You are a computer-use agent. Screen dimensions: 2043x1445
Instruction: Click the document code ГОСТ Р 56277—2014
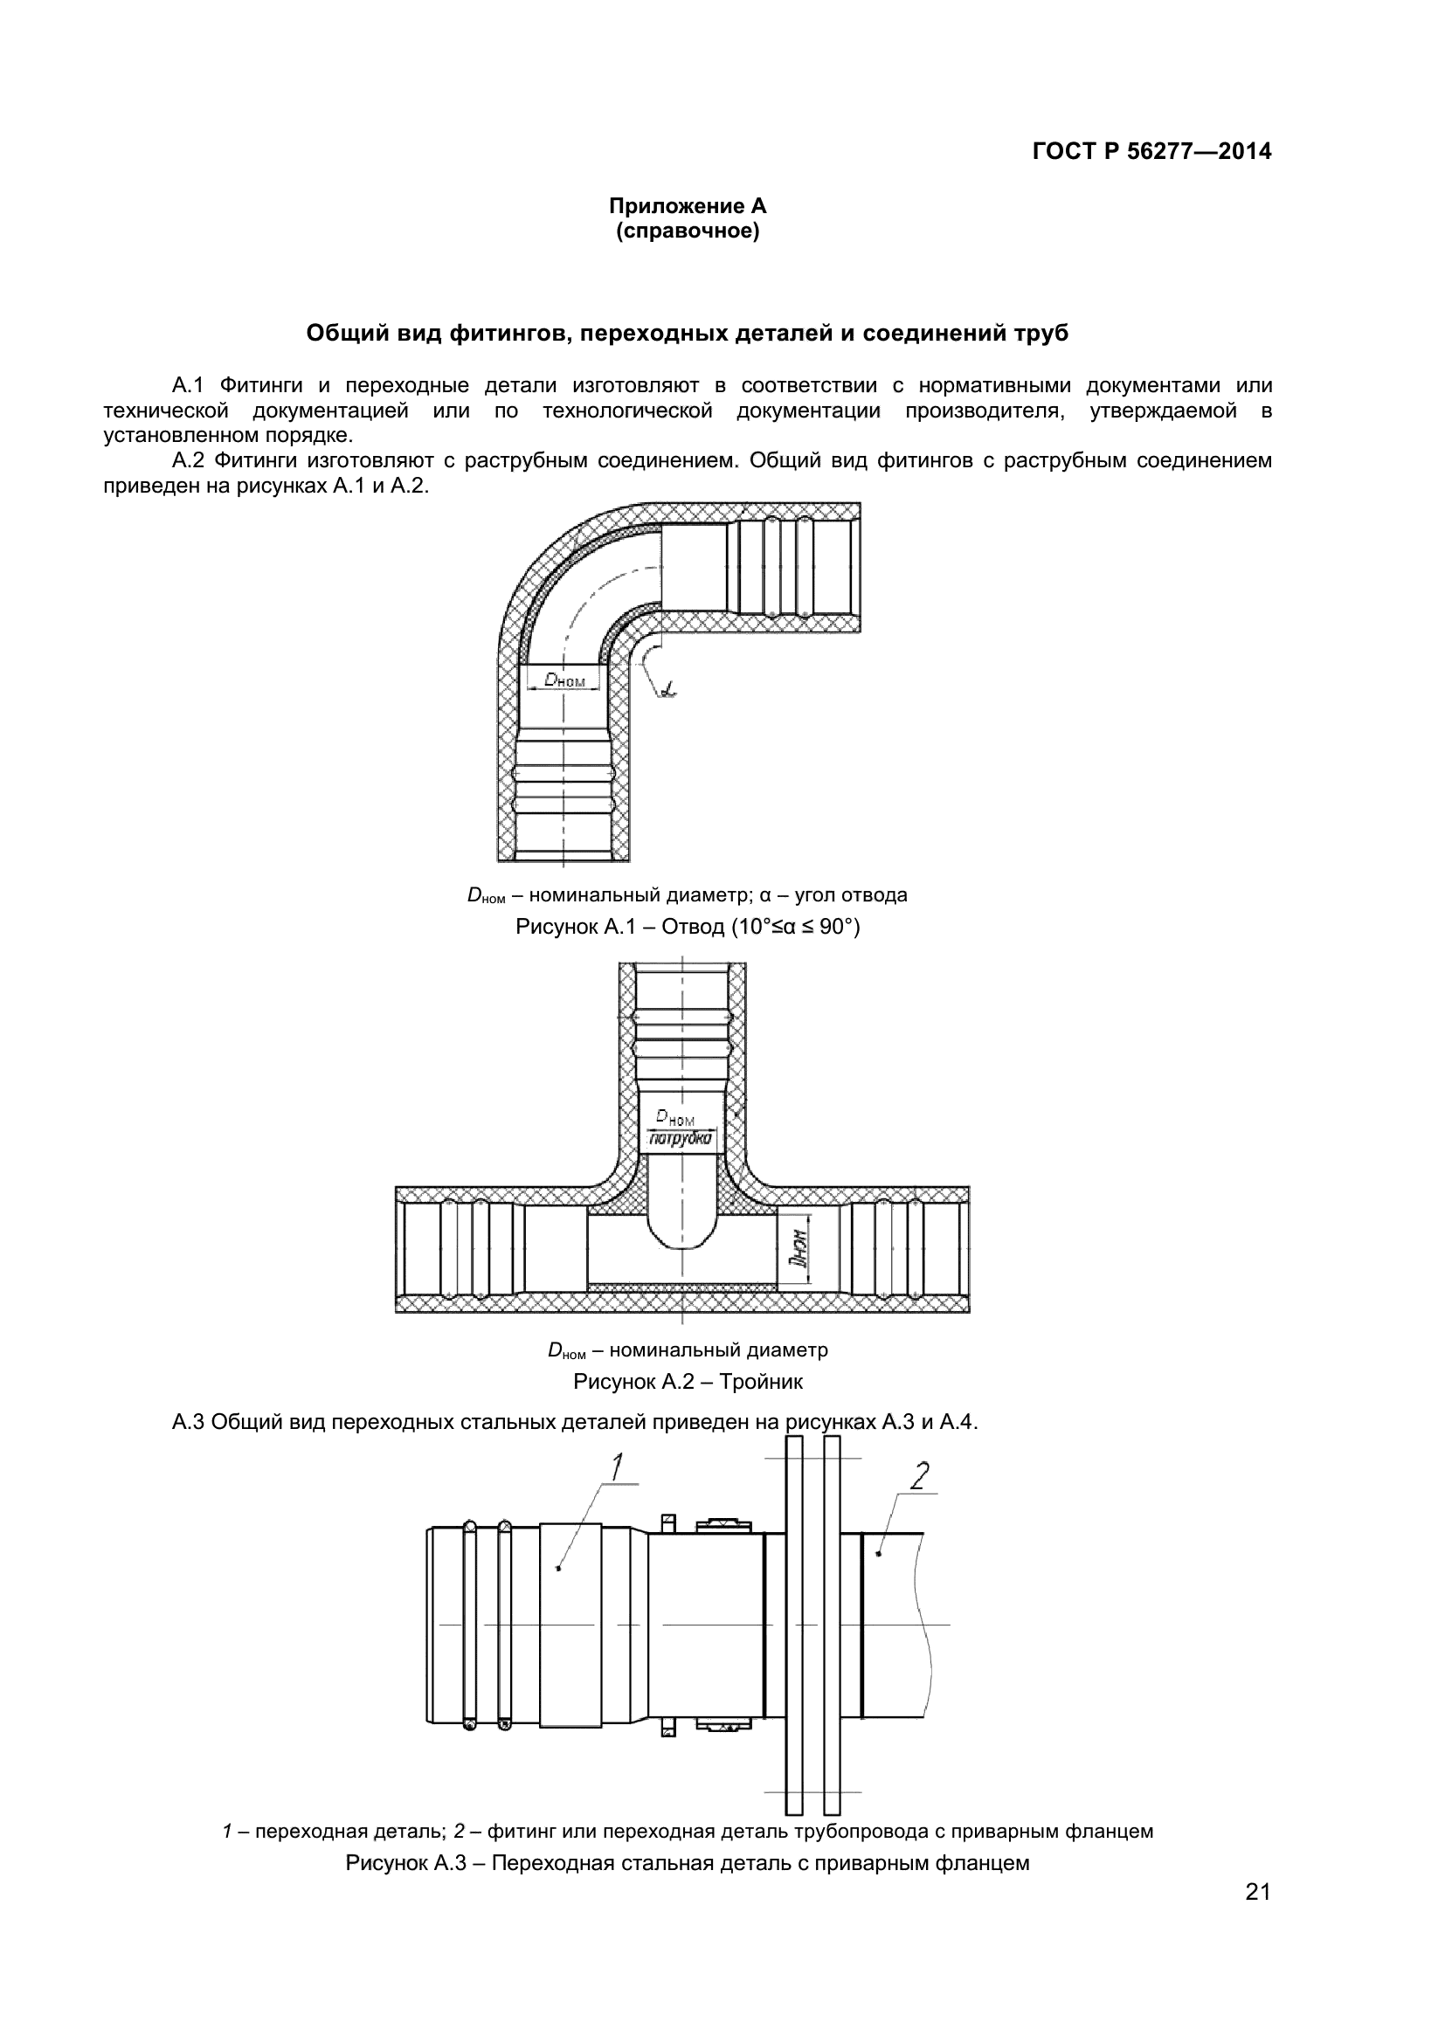[x=1151, y=151]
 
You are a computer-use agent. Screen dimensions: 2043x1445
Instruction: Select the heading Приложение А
[x=687, y=206]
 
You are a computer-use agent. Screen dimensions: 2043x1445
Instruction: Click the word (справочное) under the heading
[x=687, y=232]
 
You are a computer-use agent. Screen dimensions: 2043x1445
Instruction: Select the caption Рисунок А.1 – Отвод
[x=687, y=928]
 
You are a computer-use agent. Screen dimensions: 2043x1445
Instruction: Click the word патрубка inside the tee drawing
[x=681, y=1138]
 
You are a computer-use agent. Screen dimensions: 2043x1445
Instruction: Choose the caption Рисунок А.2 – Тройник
[x=687, y=1382]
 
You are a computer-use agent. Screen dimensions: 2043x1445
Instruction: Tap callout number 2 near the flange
[x=919, y=1476]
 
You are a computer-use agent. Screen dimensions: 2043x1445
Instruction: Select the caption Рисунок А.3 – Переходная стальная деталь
[x=687, y=1863]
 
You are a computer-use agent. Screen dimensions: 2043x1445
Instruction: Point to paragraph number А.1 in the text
[x=188, y=385]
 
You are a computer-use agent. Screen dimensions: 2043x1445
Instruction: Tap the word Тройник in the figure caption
[x=761, y=1382]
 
